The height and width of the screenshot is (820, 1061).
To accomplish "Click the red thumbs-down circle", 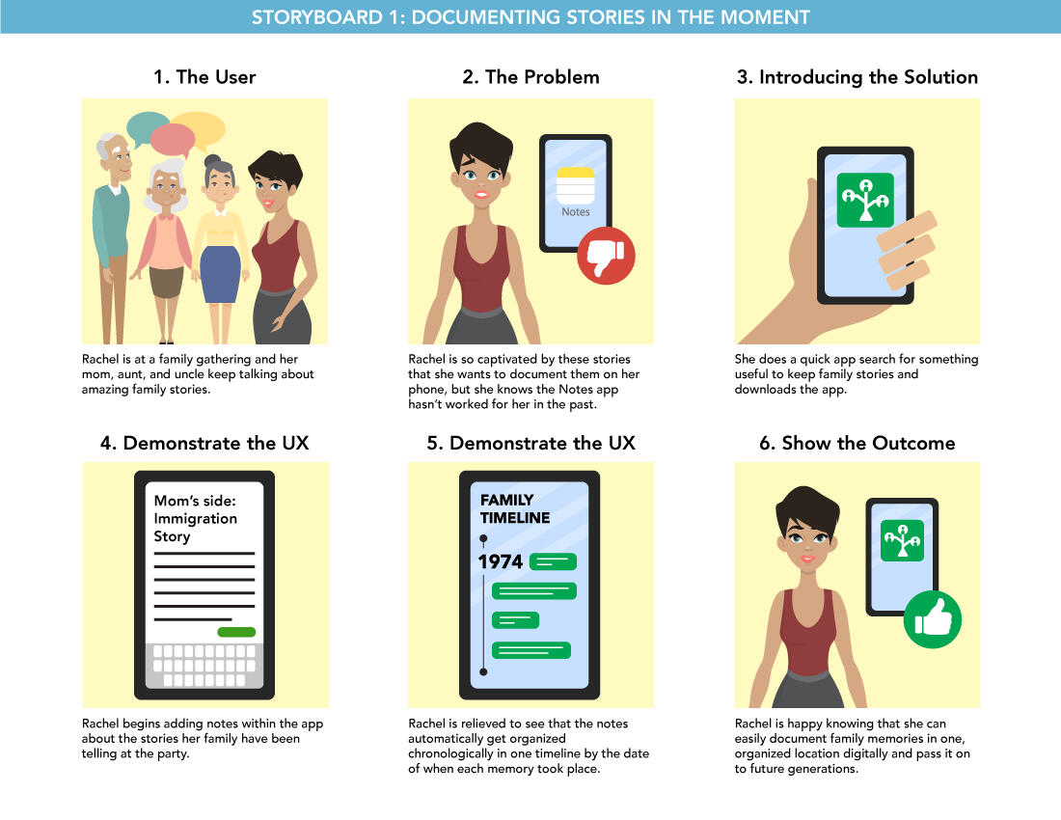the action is point(606,255).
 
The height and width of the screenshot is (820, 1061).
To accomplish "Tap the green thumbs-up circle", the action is point(933,619).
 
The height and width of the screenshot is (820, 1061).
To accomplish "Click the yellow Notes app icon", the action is point(575,185).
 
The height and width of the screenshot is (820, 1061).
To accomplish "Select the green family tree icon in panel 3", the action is point(865,200).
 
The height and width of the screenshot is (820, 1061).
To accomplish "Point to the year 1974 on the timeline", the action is point(500,561).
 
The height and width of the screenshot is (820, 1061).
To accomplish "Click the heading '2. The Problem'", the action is point(531,77).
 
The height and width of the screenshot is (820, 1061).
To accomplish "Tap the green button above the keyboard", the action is point(236,632).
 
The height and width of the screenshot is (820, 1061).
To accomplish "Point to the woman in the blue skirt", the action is point(221,249).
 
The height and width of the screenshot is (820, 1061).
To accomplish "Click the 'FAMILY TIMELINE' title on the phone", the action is point(515,508).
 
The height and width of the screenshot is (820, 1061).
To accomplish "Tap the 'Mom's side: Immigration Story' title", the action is point(195,518).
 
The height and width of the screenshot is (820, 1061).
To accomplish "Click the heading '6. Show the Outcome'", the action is point(857,443).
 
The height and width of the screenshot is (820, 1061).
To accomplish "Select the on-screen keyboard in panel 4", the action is point(204,665).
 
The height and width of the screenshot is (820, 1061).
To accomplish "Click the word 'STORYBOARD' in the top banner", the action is point(316,17).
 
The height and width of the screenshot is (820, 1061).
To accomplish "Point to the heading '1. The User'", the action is point(204,77).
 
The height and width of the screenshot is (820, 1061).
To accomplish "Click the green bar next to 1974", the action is point(553,561).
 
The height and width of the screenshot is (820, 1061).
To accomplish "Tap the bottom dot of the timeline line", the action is point(483,671).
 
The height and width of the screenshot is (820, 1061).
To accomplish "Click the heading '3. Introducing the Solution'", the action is point(857,77).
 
